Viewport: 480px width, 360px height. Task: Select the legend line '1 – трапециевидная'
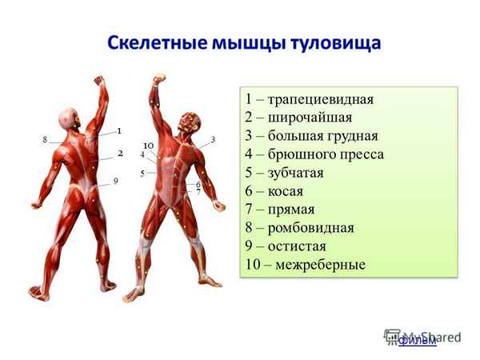310,99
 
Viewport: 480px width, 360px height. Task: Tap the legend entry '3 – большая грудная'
312,136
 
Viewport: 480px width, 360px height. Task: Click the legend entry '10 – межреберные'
306,265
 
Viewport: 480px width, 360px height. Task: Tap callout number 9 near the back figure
115,182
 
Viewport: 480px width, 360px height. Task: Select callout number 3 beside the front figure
214,139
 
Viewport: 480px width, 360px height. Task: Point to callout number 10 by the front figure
148,145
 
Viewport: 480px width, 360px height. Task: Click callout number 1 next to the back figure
118,130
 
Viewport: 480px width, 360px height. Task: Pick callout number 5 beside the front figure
142,173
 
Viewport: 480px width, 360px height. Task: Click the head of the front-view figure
189,121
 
